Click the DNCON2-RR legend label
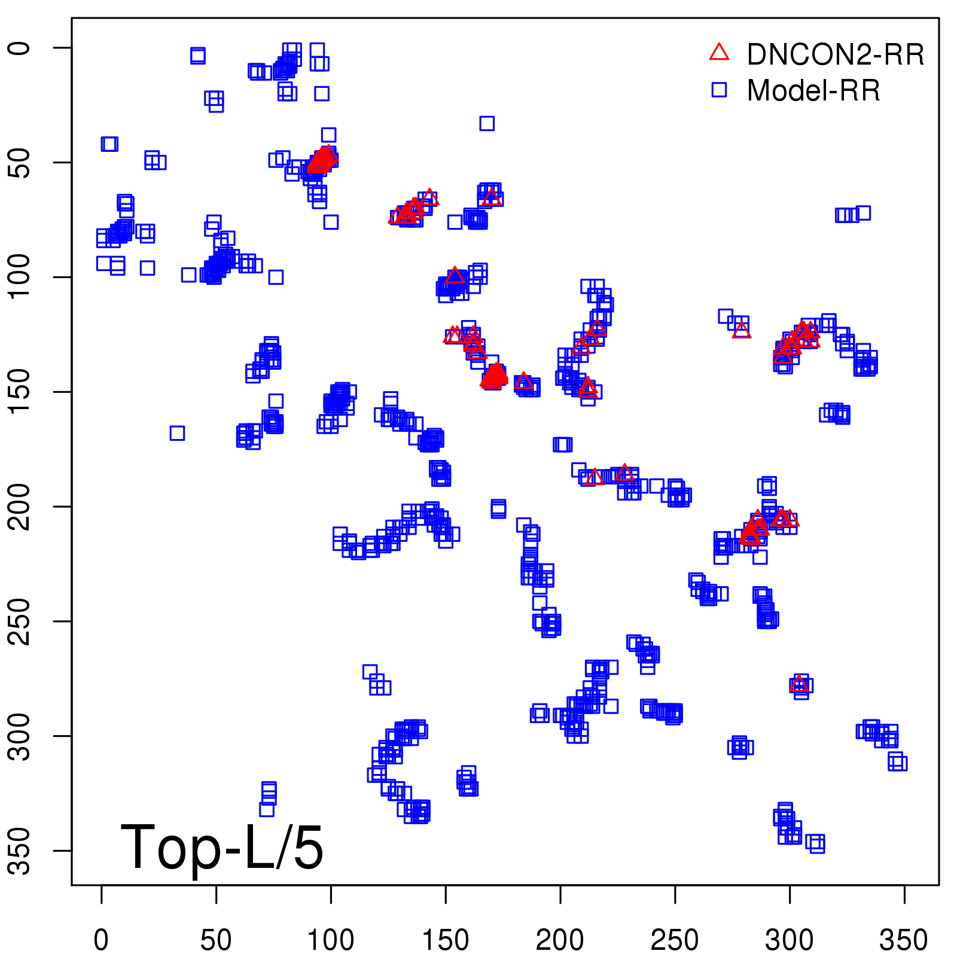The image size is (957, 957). pyautogui.click(x=835, y=54)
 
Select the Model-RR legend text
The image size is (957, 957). pyautogui.click(x=813, y=91)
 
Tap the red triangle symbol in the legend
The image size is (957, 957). pyautogui.click(x=719, y=53)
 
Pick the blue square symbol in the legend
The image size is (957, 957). pyautogui.click(x=719, y=90)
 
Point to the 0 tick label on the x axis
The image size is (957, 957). pyautogui.click(x=102, y=940)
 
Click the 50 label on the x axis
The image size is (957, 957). pyautogui.click(x=216, y=940)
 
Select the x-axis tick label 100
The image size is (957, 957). pyautogui.click(x=331, y=940)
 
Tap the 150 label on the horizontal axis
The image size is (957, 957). pyautogui.click(x=446, y=940)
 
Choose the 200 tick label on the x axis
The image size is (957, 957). pyautogui.click(x=560, y=940)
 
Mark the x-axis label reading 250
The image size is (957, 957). pyautogui.click(x=675, y=940)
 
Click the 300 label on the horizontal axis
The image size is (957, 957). pyautogui.click(x=790, y=940)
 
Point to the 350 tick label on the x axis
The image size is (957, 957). pyautogui.click(x=904, y=940)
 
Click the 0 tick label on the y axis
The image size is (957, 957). pyautogui.click(x=21, y=48)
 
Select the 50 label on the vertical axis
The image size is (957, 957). pyautogui.click(x=21, y=162)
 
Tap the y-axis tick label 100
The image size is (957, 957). pyautogui.click(x=21, y=277)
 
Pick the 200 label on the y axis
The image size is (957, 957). pyautogui.click(x=21, y=507)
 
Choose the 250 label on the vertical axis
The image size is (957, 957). pyautogui.click(x=21, y=621)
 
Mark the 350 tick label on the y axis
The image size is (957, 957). pyautogui.click(x=21, y=851)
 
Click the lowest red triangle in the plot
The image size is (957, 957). pyautogui.click(x=798, y=684)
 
